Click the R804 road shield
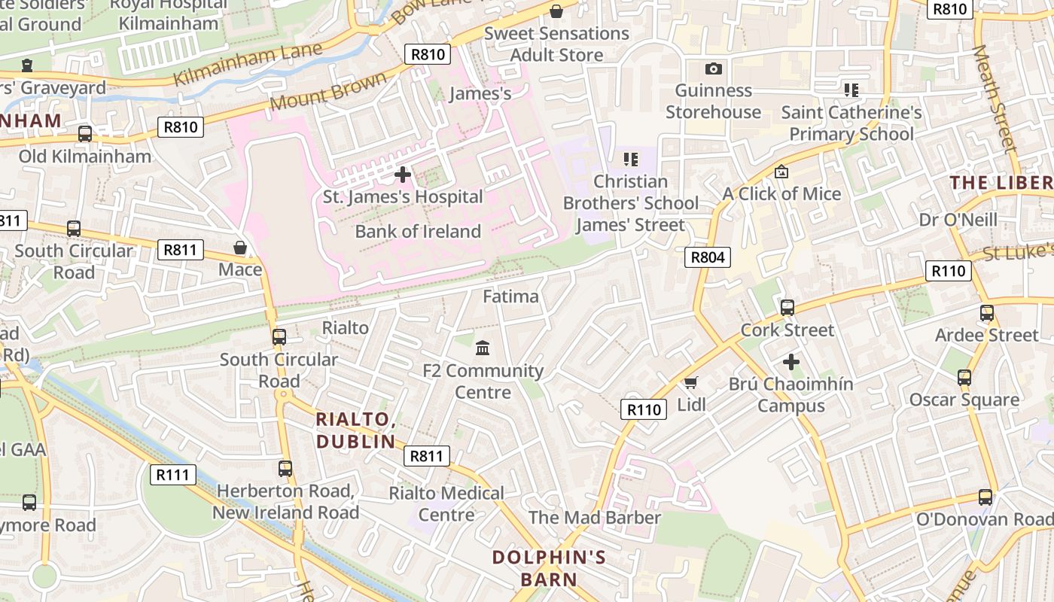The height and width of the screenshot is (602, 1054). [708, 257]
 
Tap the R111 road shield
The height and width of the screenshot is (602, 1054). [172, 475]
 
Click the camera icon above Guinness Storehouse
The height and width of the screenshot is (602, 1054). [713, 68]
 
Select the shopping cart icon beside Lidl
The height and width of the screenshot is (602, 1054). [691, 382]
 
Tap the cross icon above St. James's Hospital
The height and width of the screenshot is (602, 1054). [403, 175]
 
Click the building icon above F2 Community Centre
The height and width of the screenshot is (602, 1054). [483, 348]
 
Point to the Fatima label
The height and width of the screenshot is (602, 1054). [510, 296]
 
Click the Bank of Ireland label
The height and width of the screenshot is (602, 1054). [418, 231]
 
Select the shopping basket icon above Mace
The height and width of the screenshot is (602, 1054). [240, 248]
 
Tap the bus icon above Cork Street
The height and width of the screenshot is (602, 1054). [787, 308]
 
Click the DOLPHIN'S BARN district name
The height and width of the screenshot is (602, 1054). [549, 568]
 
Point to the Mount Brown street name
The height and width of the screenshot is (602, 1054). [327, 92]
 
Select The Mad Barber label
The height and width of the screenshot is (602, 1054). [594, 518]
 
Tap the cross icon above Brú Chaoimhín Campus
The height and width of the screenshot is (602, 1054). [790, 362]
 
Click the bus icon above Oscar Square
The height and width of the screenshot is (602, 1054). [964, 378]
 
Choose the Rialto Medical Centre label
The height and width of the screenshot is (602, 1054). [446, 503]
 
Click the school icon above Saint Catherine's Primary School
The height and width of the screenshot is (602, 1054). [851, 90]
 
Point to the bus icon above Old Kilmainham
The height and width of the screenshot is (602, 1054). [85, 134]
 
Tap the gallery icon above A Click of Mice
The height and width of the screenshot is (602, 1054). [781, 172]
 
